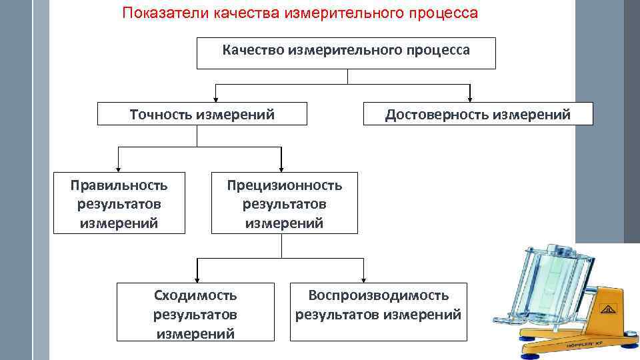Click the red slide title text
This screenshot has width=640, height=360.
[x=300, y=14]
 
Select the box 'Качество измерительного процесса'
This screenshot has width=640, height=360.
[x=346, y=53]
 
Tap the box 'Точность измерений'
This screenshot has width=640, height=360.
[x=202, y=114]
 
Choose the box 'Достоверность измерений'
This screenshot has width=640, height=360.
[x=477, y=114]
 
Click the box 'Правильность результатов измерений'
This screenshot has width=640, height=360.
[x=119, y=203]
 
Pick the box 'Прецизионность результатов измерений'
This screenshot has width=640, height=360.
[x=284, y=203]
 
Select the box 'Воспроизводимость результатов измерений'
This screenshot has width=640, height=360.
[x=378, y=305]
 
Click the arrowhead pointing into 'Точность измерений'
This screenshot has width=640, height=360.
[x=215, y=98]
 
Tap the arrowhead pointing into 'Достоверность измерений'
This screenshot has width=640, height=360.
[x=471, y=98]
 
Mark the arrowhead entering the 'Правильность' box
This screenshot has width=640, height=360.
[x=119, y=169]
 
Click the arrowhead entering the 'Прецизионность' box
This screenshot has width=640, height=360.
[x=282, y=169]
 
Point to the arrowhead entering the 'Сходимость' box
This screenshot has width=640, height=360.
[x=196, y=279]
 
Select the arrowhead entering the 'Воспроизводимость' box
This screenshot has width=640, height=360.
[x=364, y=279]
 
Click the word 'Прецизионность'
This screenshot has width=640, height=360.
[x=284, y=185]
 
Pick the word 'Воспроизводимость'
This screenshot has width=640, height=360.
[x=378, y=295]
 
